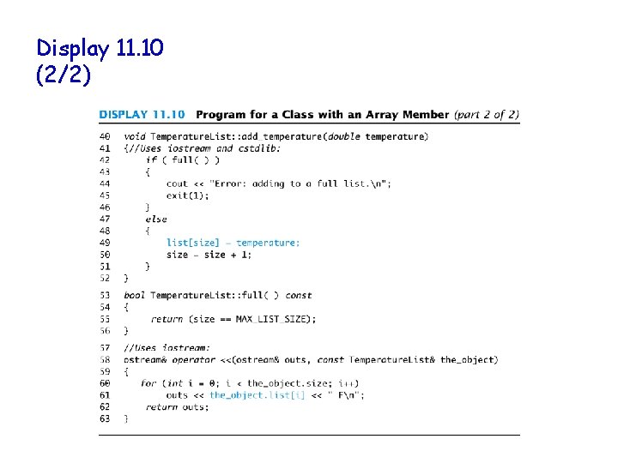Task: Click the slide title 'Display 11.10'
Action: (x=100, y=49)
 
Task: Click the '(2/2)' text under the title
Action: (x=63, y=75)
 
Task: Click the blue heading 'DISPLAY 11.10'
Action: (x=143, y=114)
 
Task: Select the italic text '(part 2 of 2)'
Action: (x=486, y=114)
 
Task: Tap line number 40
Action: (x=105, y=136)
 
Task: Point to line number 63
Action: (x=105, y=418)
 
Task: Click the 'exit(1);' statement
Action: (x=187, y=195)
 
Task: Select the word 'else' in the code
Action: (x=155, y=219)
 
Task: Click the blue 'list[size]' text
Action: (x=192, y=243)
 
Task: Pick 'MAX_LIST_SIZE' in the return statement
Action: (x=278, y=319)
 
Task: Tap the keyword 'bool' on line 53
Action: (x=134, y=295)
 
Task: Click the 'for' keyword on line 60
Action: (x=148, y=383)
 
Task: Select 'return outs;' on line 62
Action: (x=177, y=406)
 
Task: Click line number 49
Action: (x=105, y=243)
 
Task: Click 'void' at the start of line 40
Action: (x=134, y=136)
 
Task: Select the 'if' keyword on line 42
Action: (x=150, y=159)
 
